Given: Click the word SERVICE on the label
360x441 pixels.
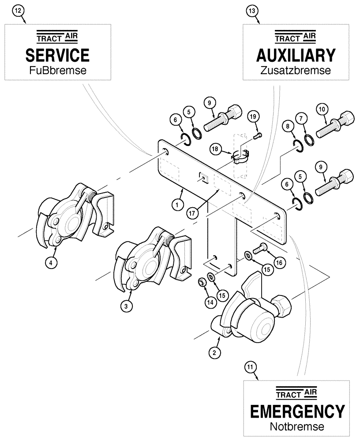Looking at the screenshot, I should click(57, 55).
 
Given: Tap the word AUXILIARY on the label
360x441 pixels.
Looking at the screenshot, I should click(296, 55).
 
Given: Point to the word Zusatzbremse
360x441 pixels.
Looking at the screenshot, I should click(296, 71).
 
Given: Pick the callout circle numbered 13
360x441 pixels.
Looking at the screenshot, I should click(251, 11).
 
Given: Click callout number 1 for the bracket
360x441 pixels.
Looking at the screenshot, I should click(177, 205).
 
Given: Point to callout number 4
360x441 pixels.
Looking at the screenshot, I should click(51, 263).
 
